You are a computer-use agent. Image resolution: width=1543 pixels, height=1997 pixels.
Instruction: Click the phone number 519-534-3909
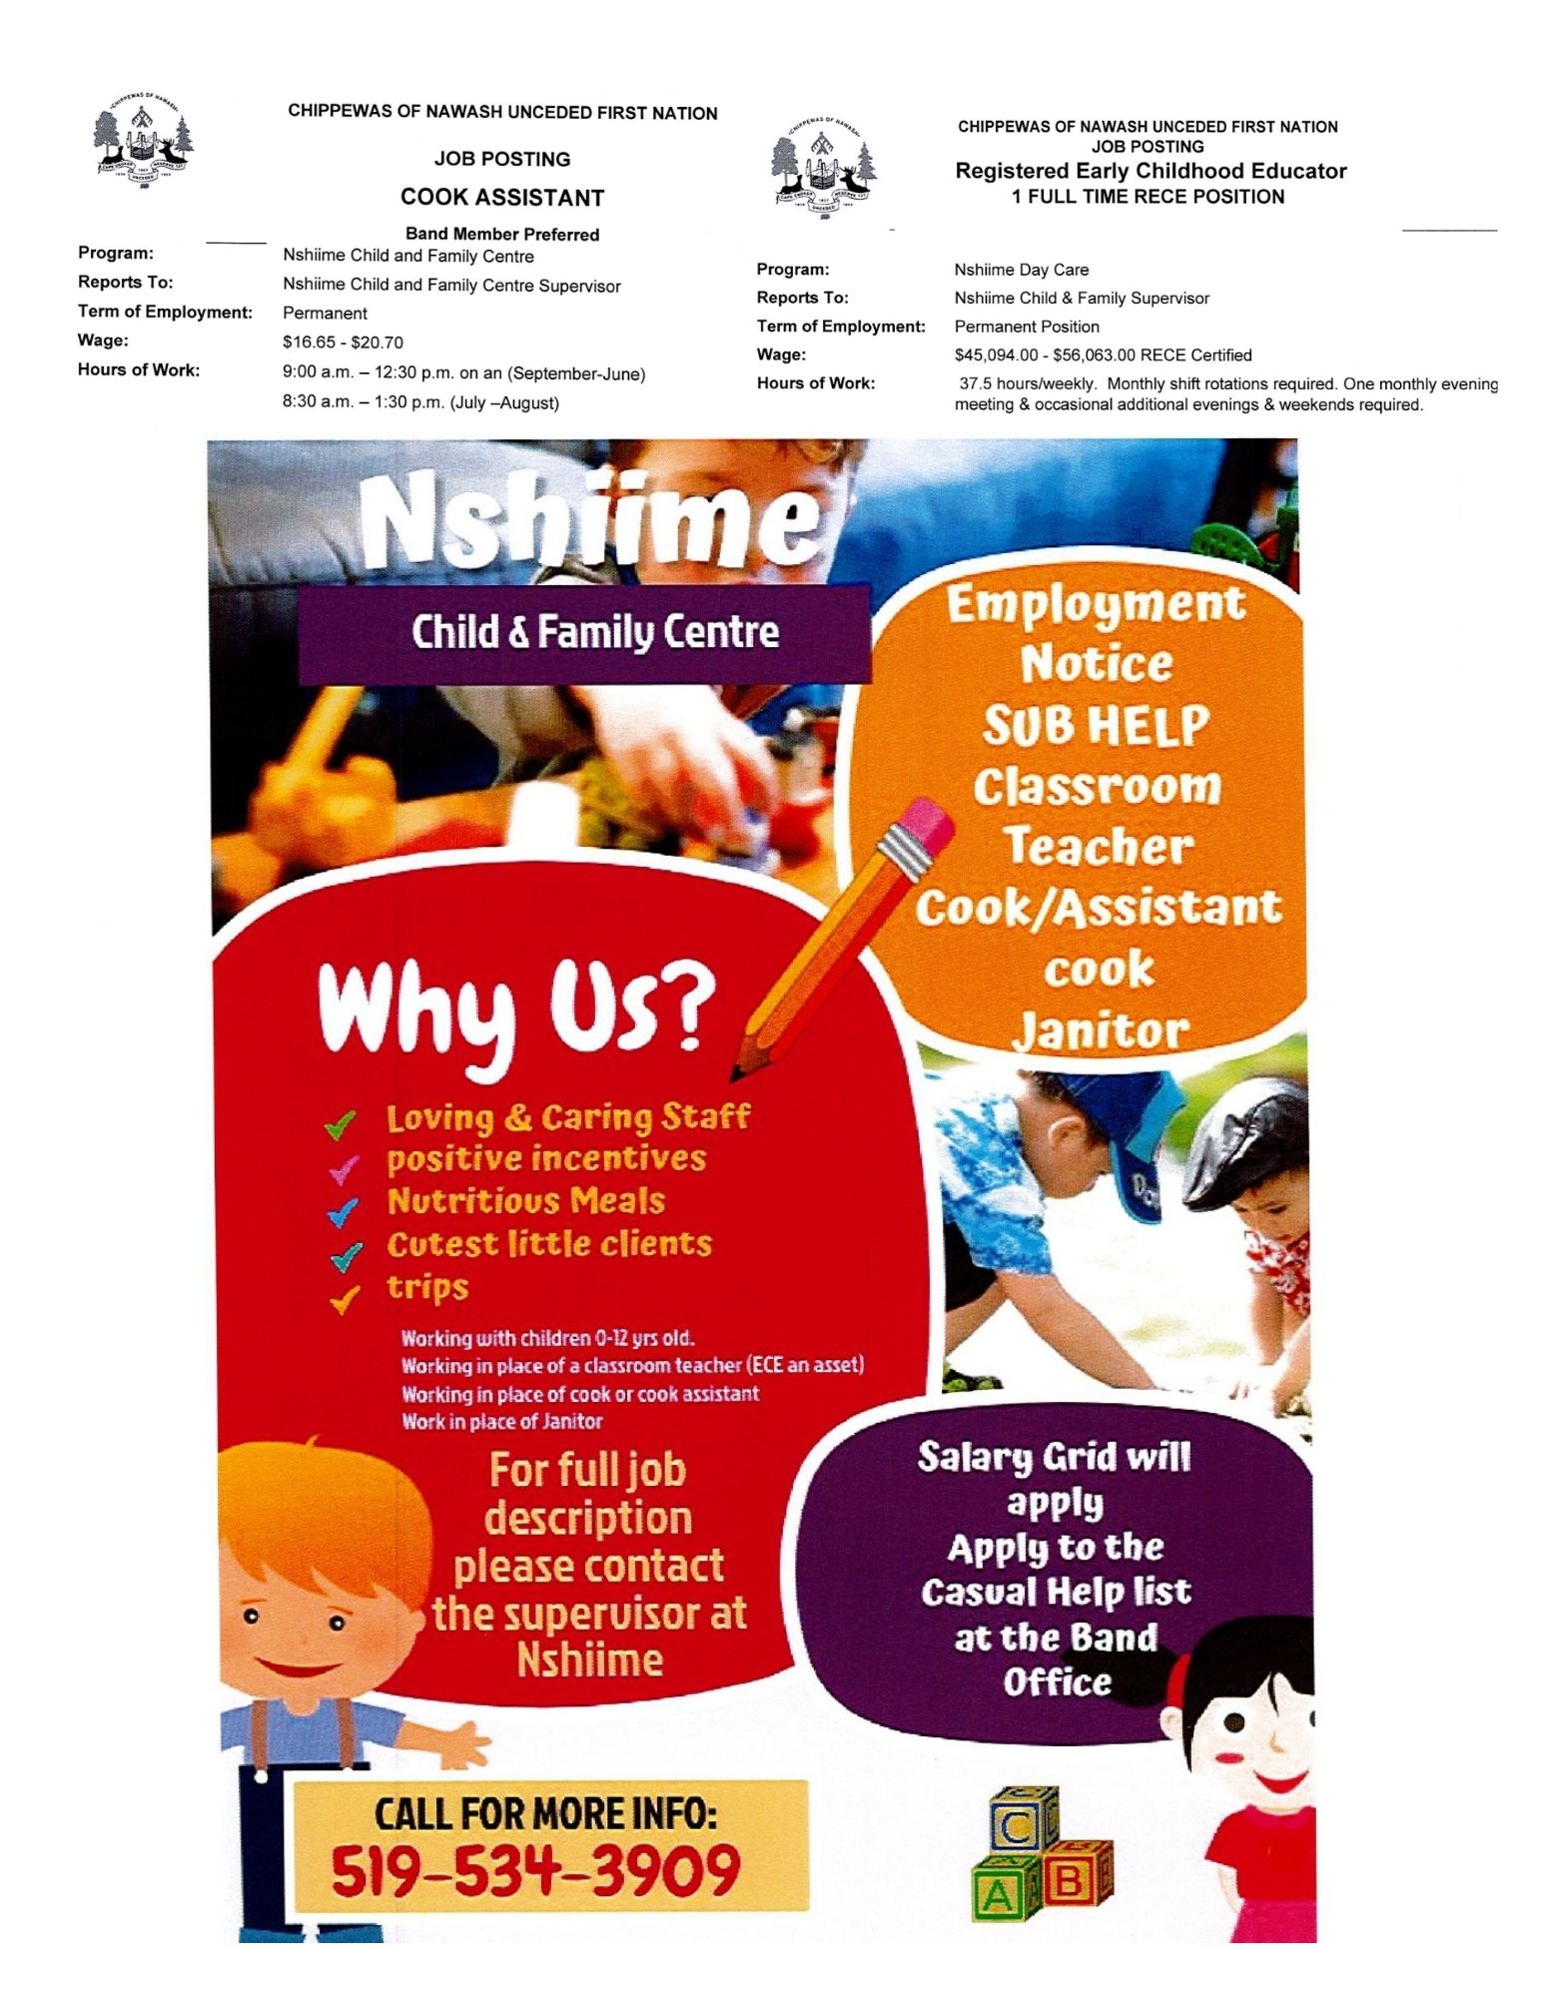point(536,1870)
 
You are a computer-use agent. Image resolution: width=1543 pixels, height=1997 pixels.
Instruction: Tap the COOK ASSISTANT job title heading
point(502,198)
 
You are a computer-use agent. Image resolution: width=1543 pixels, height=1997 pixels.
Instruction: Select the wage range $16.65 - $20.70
point(343,342)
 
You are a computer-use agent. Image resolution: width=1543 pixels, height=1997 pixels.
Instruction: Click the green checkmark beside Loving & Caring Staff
point(341,1124)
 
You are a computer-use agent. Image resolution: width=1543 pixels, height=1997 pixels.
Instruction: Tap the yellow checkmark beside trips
point(345,1299)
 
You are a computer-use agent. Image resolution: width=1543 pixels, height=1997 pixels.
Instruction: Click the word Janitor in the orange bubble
point(1099,1029)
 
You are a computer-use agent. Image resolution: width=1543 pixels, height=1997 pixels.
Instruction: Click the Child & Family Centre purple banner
point(594,632)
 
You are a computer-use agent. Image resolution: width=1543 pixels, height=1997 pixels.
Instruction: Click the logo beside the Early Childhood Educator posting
point(825,167)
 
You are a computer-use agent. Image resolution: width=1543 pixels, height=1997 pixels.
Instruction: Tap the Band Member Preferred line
point(502,235)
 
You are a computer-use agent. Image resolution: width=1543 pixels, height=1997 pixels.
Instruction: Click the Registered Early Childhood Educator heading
point(1151,171)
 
